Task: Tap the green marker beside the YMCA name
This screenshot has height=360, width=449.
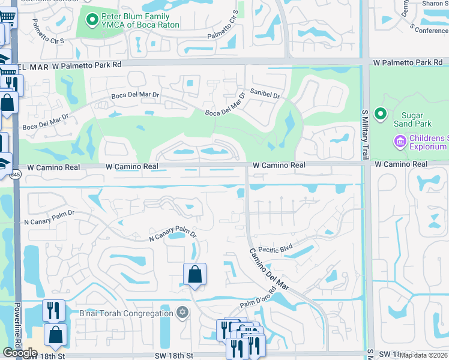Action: pyautogui.click(x=92, y=21)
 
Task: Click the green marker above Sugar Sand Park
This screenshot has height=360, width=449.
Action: pyautogui.click(x=380, y=113)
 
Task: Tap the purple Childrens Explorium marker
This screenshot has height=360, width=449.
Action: pyautogui.click(x=400, y=142)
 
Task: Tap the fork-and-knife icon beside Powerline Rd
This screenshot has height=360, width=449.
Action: pyautogui.click(x=53, y=310)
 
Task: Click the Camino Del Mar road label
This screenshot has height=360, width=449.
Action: pyautogui.click(x=270, y=269)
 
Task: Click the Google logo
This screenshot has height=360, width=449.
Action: pyautogui.click(x=20, y=352)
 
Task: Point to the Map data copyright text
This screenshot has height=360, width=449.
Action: pyautogui.click(x=423, y=355)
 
